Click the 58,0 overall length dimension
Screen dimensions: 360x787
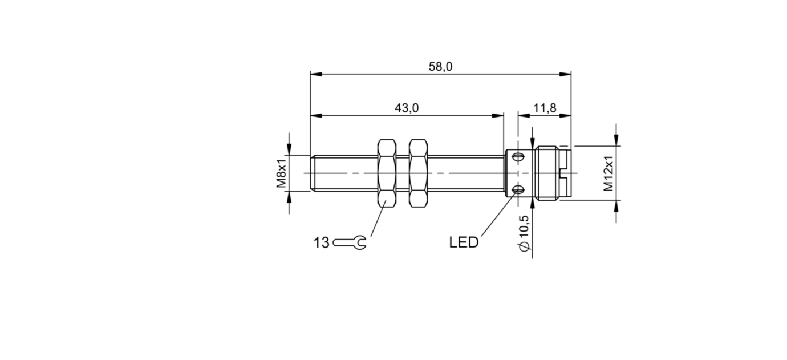(x=440, y=67)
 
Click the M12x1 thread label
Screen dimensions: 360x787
(x=609, y=173)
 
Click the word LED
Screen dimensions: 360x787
(x=464, y=243)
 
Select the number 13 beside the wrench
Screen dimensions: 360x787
(x=322, y=243)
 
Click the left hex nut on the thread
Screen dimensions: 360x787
(x=386, y=173)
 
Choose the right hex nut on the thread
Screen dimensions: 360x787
(x=419, y=173)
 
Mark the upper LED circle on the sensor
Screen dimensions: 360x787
(x=518, y=157)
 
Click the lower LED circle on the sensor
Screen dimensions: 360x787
(x=518, y=190)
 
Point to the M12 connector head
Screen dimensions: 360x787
(x=550, y=173)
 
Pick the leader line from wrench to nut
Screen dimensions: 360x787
(x=378, y=220)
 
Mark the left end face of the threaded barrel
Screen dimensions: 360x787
(x=311, y=173)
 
